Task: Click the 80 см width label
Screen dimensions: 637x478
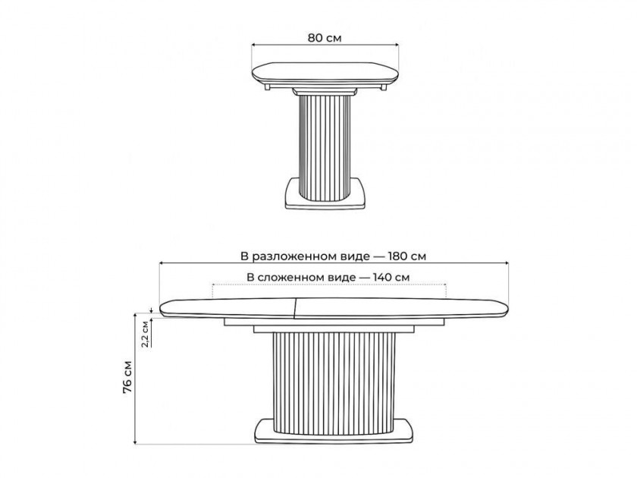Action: [x=325, y=38]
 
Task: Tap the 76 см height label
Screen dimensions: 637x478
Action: [x=127, y=378]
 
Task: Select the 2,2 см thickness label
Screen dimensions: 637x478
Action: [x=145, y=334]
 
